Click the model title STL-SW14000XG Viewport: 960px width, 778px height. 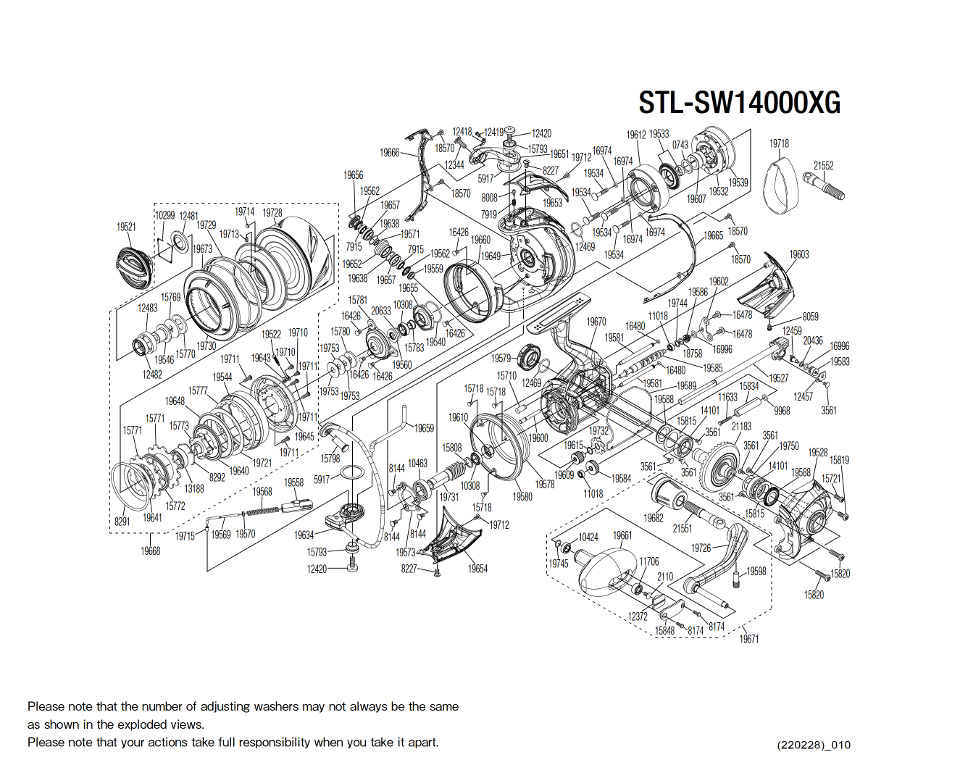point(739,103)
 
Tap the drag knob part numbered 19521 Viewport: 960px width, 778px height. point(134,267)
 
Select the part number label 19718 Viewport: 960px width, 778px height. point(779,143)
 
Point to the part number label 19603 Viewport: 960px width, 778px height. point(799,254)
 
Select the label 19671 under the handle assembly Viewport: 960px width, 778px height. point(748,639)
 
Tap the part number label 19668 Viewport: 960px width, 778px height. point(150,551)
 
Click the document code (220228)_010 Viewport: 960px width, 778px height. point(814,745)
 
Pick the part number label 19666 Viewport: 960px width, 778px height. point(390,152)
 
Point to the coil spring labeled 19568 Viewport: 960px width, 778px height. point(262,511)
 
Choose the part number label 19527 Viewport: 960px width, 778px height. point(779,378)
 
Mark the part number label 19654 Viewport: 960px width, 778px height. point(477,569)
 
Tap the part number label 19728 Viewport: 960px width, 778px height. point(272,212)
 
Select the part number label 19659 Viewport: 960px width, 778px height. point(424,428)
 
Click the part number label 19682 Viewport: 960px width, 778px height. point(654,518)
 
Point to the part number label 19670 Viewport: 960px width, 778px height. point(596,322)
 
